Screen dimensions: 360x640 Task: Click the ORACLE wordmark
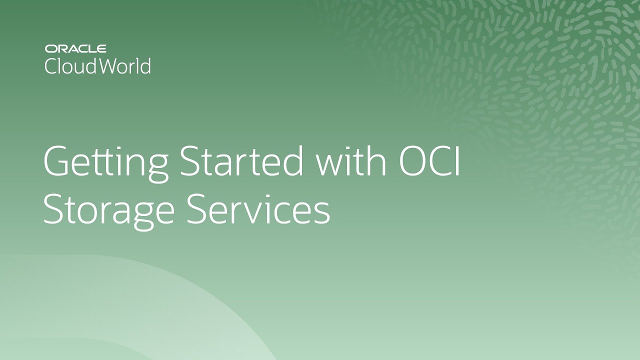click(x=75, y=49)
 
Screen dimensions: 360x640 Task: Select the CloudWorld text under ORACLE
click(x=97, y=66)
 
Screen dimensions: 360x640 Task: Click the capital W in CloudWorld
click(x=109, y=66)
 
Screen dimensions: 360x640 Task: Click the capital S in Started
click(x=189, y=162)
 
